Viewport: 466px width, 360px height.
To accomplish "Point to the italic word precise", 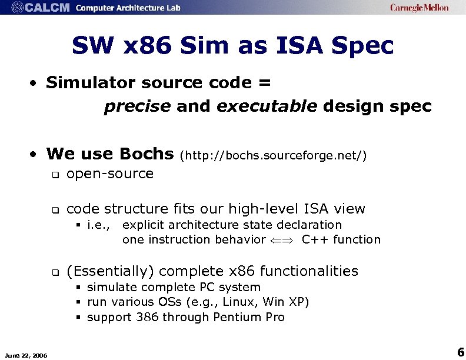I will point(137,106).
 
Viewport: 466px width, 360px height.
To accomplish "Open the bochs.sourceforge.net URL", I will point(274,155).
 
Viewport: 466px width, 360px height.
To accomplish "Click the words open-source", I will point(110,174).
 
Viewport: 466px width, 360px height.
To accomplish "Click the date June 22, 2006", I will point(26,354).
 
